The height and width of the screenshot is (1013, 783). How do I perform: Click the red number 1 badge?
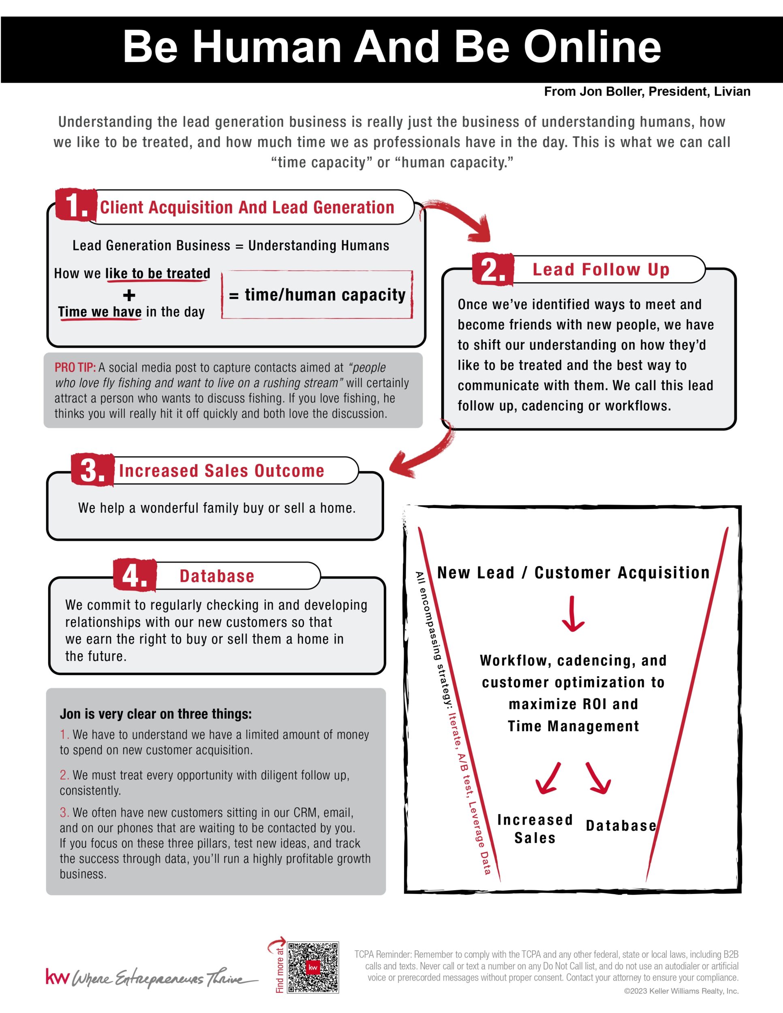(x=76, y=205)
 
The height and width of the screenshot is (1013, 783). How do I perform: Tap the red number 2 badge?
(x=493, y=269)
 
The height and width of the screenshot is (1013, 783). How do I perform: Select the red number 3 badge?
(x=92, y=470)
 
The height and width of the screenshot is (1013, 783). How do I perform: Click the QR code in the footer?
(x=313, y=968)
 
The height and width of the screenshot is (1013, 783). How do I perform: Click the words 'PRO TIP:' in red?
(x=75, y=368)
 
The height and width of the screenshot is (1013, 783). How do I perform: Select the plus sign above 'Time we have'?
(x=129, y=295)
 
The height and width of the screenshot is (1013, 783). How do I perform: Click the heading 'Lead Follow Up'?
(x=601, y=269)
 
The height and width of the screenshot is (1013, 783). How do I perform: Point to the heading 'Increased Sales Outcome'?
(x=221, y=471)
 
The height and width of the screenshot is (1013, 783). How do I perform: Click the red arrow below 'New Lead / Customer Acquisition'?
(x=573, y=613)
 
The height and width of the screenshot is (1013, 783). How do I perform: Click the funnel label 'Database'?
(x=620, y=826)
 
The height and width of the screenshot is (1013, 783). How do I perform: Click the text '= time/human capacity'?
(x=317, y=295)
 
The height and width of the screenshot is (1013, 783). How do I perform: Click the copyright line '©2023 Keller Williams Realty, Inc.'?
(x=681, y=991)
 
